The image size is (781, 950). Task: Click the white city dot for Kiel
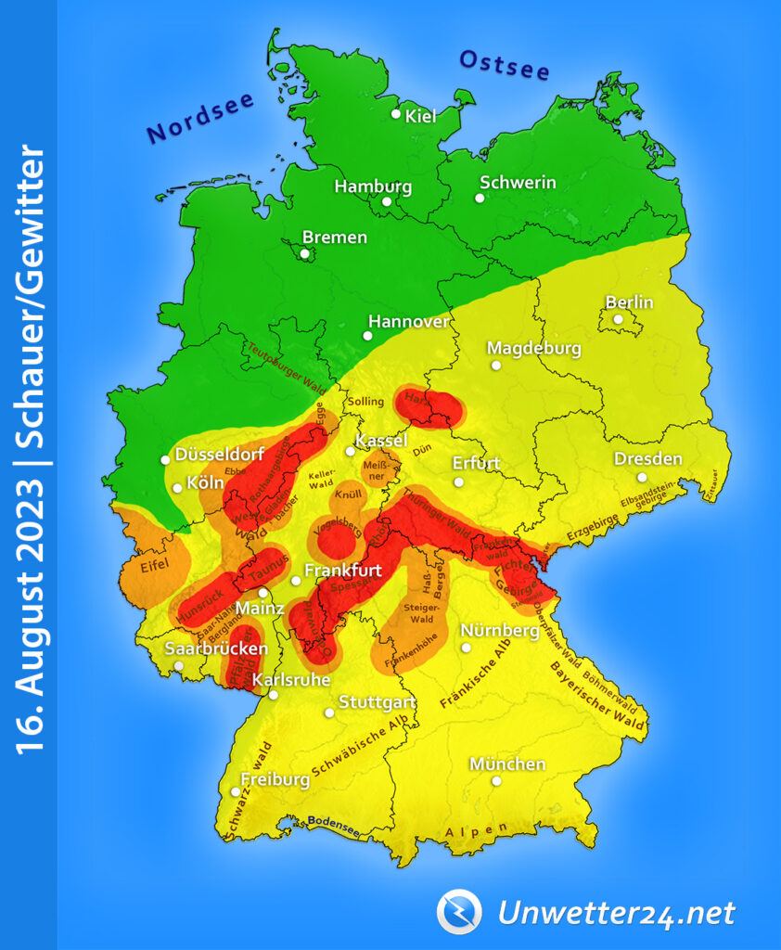coord(396,114)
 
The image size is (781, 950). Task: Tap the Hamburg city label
coord(372,186)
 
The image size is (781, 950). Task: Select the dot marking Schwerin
coord(480,198)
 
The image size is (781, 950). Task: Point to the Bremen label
coord(335,237)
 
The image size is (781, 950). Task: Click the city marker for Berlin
coord(618,319)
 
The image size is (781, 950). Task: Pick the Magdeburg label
coord(534,349)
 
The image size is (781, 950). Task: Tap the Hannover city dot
coord(367,336)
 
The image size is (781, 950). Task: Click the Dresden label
coord(647,459)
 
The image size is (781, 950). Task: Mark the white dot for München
coord(497,781)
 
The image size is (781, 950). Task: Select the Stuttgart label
coord(378,701)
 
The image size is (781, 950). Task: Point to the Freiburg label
coord(275,779)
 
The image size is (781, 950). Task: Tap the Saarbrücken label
coord(215,648)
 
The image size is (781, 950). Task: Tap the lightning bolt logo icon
coord(459,911)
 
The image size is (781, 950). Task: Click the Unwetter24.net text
coord(616,913)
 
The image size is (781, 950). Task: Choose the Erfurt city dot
coord(458,482)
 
